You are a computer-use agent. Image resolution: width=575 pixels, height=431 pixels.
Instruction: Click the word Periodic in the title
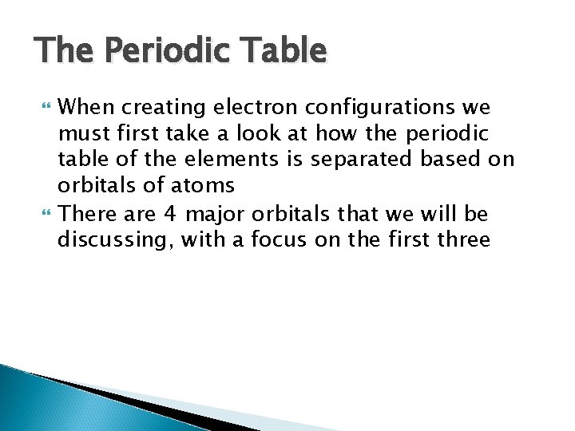(x=148, y=51)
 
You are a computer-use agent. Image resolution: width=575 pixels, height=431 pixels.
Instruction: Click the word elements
(x=212, y=160)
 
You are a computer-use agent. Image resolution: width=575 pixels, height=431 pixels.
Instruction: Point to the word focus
(x=272, y=239)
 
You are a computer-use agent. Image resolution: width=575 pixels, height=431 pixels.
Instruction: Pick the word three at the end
(x=464, y=239)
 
